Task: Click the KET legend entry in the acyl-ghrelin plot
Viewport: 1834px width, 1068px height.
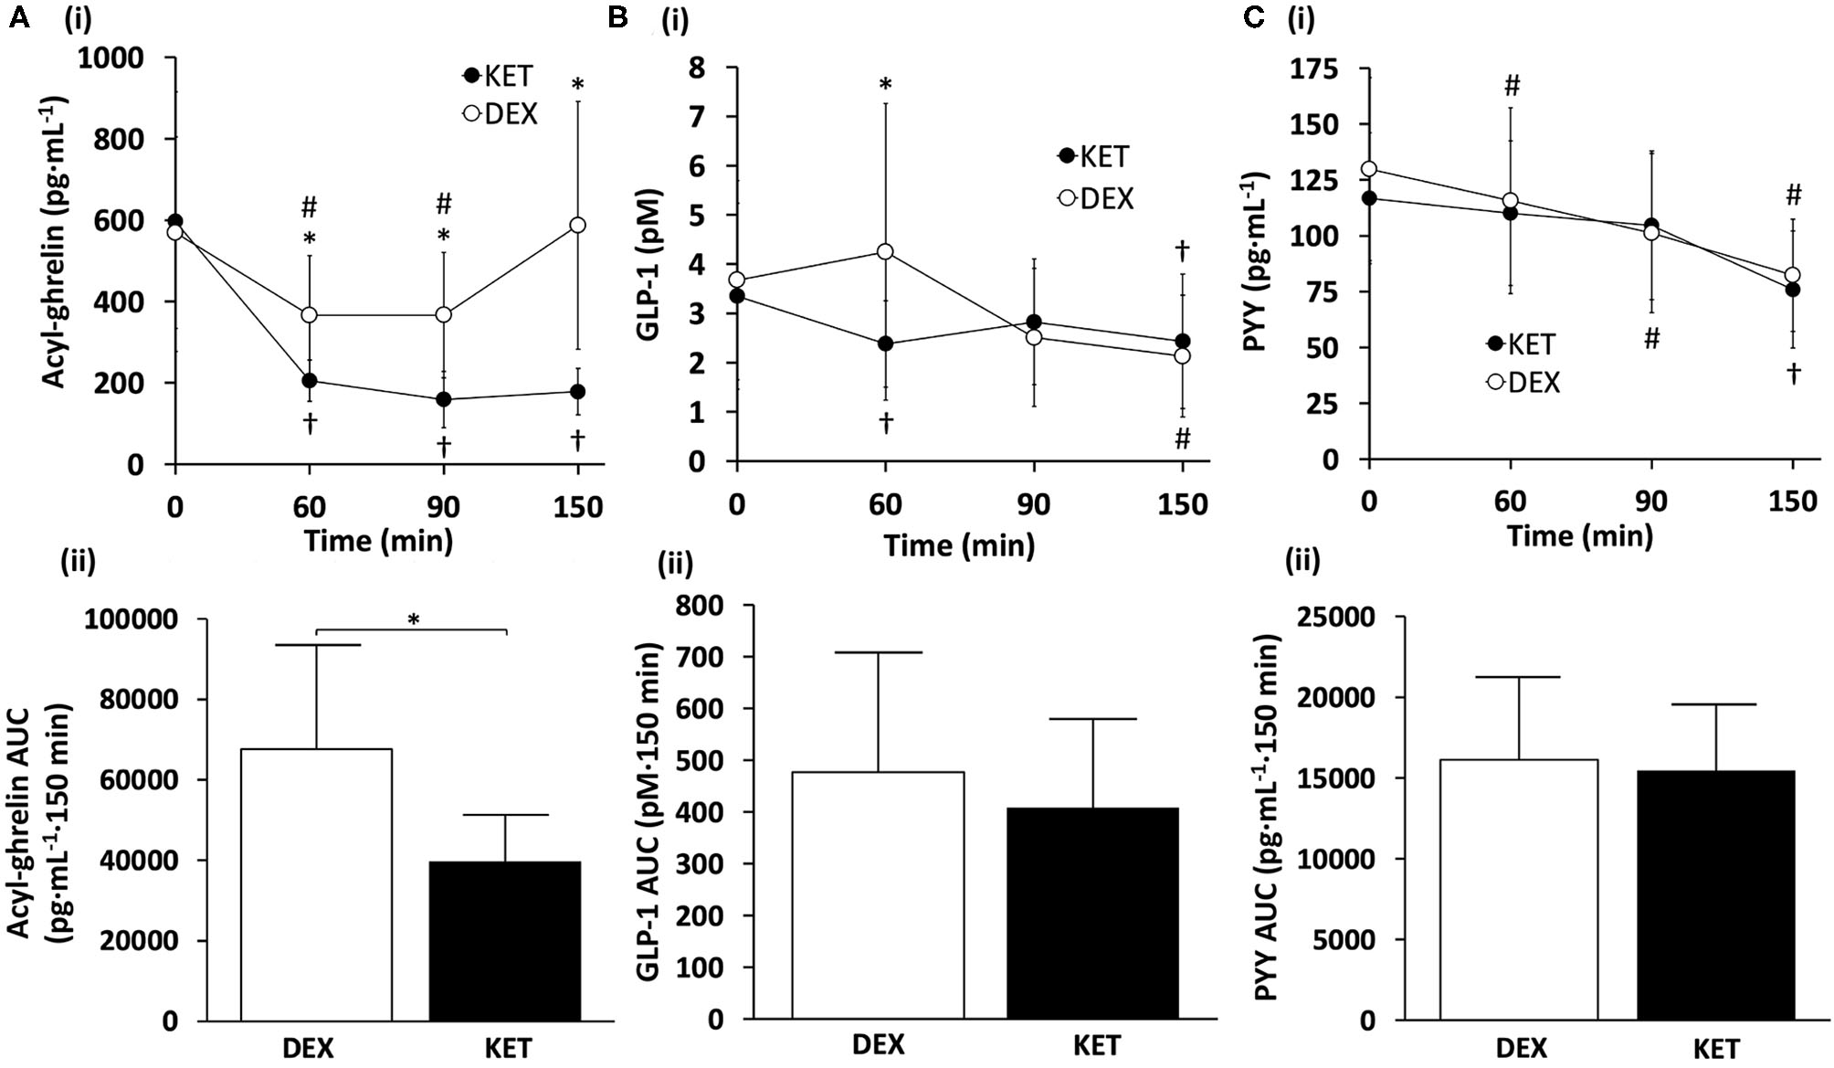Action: point(499,76)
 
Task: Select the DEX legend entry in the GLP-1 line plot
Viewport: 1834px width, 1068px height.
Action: point(1096,198)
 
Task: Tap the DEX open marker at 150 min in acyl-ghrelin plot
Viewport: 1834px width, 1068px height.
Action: point(577,225)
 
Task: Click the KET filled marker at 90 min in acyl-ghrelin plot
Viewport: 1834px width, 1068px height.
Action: point(444,399)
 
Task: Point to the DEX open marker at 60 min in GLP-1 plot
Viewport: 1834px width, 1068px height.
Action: point(884,251)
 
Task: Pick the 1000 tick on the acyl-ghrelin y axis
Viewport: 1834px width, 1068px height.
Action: point(111,59)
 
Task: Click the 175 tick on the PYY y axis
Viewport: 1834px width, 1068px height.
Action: point(1313,70)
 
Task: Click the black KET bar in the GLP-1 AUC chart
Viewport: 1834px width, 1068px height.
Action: point(1092,913)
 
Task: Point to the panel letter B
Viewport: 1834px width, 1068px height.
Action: point(617,16)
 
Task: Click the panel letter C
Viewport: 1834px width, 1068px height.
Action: point(1253,16)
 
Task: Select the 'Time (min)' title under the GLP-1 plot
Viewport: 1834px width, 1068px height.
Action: point(959,546)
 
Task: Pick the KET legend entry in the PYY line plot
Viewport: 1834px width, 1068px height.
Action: point(1522,344)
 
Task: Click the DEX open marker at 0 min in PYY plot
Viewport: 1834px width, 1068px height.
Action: point(1368,169)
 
